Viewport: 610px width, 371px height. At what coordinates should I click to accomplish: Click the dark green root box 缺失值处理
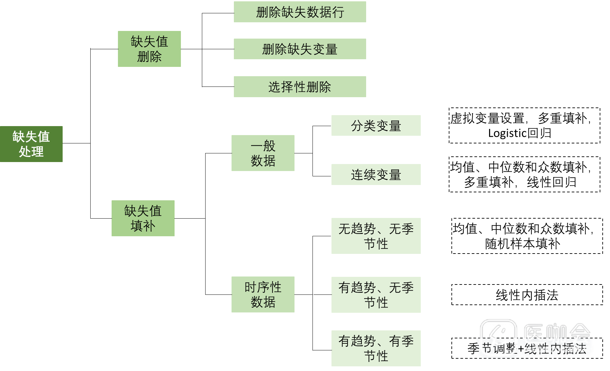coord(31,144)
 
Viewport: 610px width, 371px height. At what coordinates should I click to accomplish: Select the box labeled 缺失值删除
coord(149,49)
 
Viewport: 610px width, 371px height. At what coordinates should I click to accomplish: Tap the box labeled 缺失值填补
coord(143,218)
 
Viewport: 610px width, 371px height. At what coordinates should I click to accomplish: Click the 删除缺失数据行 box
coord(300,12)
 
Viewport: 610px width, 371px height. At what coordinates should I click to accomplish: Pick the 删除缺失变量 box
coord(300,49)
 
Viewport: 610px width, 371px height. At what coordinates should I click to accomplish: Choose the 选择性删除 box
coord(300,87)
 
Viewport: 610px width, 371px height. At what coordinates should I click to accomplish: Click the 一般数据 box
coord(263,153)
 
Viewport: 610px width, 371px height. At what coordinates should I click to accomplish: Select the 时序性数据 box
coord(263,294)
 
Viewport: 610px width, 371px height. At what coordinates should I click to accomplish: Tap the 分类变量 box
coord(376,125)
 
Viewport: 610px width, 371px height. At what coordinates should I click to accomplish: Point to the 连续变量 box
coord(376,174)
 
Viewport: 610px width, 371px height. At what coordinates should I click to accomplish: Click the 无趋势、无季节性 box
coord(376,236)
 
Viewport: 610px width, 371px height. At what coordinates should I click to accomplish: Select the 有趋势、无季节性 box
coord(376,295)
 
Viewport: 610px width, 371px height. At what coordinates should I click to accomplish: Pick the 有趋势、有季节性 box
coord(376,348)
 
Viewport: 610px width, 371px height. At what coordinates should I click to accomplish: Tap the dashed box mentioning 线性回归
coord(524,174)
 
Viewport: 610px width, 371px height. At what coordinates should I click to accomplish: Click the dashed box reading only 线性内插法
coord(527,295)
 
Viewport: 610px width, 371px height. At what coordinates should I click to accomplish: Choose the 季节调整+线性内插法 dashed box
coord(527,348)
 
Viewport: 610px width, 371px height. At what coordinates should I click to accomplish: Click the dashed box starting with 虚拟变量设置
coord(524,125)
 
